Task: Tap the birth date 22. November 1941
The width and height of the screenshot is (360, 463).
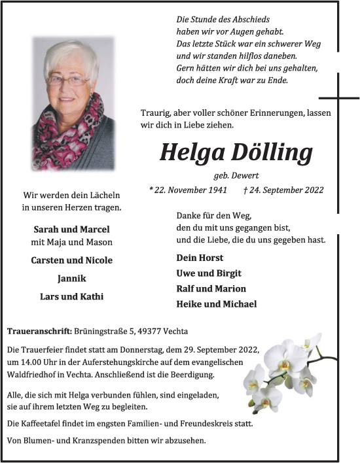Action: point(190,190)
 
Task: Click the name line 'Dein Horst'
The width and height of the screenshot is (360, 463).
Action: point(200,258)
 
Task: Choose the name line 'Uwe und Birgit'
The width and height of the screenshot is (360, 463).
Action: point(208,273)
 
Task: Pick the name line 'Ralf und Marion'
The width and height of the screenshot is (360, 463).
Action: point(211,288)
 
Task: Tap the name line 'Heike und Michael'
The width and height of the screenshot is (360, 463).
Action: point(216,303)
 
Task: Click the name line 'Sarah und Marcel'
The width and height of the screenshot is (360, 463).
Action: point(71,229)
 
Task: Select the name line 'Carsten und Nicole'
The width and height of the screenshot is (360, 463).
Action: point(71,260)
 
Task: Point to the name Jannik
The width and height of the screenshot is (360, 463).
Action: point(71,278)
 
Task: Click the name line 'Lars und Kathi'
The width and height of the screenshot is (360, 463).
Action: point(71,296)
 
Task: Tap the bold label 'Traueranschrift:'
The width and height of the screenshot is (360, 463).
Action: point(39,332)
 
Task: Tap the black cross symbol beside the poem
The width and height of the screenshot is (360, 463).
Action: point(338,98)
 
